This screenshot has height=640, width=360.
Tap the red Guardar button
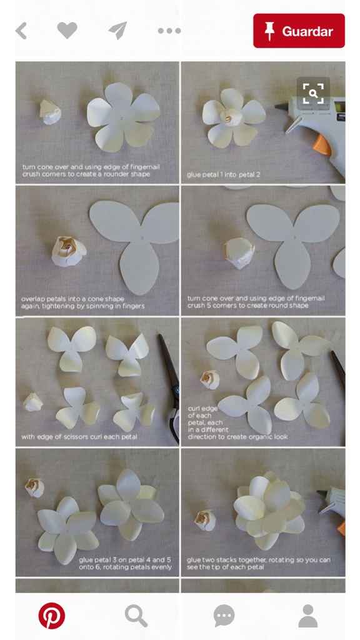point(299,31)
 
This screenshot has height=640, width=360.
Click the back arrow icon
point(21,31)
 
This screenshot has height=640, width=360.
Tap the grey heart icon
point(67,30)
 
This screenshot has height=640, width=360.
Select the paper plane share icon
point(118,31)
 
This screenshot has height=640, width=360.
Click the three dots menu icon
point(169,31)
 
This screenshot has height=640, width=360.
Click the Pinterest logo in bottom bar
point(51,616)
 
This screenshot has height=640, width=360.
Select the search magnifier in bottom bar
point(136,616)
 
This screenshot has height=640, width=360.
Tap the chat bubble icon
point(224,616)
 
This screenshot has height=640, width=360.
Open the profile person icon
point(307,616)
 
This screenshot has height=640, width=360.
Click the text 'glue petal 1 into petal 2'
point(223,175)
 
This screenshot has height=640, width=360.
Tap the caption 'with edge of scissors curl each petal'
point(79,437)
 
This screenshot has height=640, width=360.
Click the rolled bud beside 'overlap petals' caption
point(69,251)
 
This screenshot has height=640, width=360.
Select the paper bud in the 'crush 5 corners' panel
point(239,253)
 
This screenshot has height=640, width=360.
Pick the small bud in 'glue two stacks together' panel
point(205,521)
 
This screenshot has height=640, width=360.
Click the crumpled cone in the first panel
point(50,112)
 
